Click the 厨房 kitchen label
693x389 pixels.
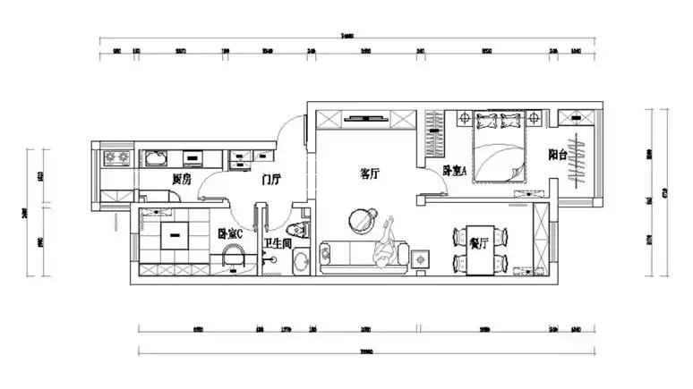(x=183, y=180)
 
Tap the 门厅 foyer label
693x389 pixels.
(x=272, y=180)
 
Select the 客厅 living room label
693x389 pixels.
(x=370, y=173)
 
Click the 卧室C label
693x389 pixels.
(x=230, y=234)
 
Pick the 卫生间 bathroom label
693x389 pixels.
(x=276, y=241)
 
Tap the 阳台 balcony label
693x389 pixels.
(x=558, y=156)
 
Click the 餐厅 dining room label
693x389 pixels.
(x=477, y=241)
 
